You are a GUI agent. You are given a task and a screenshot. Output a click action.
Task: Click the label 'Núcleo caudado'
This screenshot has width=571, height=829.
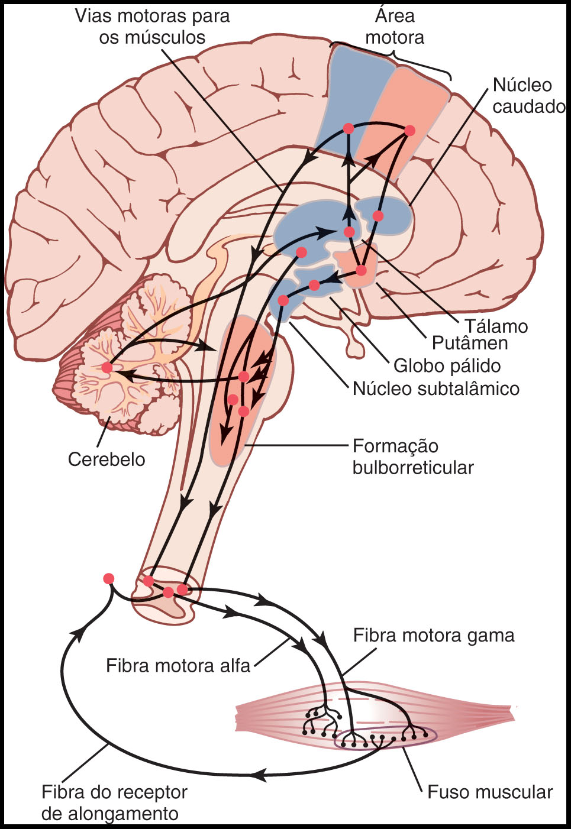528,96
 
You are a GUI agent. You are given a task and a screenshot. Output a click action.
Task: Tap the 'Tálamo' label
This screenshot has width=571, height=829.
496,326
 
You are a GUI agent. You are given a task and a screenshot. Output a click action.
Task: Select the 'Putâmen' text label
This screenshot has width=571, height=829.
469,343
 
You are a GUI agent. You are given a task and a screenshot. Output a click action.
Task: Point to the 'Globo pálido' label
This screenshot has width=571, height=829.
447,365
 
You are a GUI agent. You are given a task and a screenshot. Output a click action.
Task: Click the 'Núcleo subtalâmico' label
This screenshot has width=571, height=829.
435,388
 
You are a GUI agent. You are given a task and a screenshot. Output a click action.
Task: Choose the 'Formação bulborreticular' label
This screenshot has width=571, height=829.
413,456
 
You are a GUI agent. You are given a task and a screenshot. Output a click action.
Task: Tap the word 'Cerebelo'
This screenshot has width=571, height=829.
107,459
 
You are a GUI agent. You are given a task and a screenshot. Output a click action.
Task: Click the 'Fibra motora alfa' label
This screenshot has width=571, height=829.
178,666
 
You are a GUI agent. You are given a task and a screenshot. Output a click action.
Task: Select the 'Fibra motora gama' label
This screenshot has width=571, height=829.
434,636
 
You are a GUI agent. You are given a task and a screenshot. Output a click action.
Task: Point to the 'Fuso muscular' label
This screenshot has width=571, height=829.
490,792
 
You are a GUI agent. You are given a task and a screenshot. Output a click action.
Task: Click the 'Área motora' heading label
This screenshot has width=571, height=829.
395,27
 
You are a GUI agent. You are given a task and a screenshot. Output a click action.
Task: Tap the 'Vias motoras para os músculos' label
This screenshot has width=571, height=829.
153,27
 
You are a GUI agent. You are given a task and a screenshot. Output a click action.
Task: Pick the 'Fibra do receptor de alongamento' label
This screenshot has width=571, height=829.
114,802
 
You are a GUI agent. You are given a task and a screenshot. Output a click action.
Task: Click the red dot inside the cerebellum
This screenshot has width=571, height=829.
107,368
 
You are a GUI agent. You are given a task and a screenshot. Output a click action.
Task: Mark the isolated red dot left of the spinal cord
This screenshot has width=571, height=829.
108,578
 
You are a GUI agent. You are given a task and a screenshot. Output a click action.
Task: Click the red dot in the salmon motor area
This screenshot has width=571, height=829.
409,130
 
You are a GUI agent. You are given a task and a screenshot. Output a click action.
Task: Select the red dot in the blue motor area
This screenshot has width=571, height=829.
349,128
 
